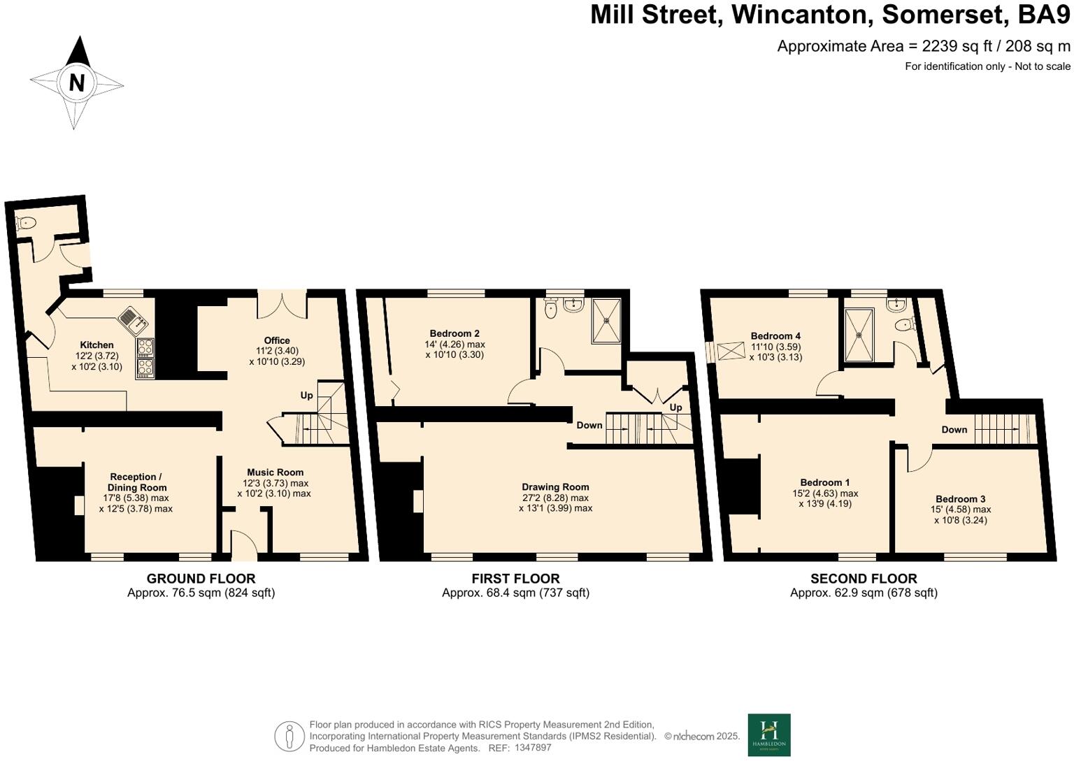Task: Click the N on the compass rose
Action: pos(76,83)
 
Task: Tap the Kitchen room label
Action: pos(96,345)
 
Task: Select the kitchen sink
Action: pos(133,319)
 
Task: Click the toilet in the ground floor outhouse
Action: pos(26,224)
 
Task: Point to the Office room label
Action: pos(277,341)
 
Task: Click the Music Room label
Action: pos(275,472)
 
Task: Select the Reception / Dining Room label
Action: pos(136,482)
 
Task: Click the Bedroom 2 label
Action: pos(454,334)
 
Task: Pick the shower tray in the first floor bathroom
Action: pos(606,321)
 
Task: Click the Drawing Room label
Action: pos(555,487)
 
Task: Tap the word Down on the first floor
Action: pos(589,425)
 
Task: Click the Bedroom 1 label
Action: pos(825,482)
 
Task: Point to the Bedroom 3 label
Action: pos(961,499)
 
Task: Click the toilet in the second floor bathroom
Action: pos(905,324)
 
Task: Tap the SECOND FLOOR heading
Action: pos(864,579)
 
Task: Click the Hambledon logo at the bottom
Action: pos(769,735)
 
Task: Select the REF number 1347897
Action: pos(533,748)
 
